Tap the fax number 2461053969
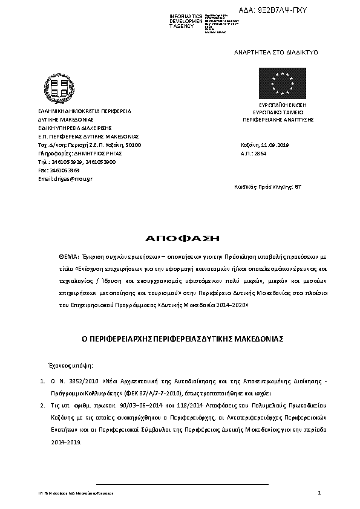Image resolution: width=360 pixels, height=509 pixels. click(x=62, y=170)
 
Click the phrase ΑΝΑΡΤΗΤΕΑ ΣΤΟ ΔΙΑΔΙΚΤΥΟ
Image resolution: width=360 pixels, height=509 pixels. click(x=276, y=53)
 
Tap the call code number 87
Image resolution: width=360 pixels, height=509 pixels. click(x=297, y=187)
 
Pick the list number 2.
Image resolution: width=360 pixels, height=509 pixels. click(x=42, y=408)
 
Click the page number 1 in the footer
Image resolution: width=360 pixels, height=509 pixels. click(x=318, y=493)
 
